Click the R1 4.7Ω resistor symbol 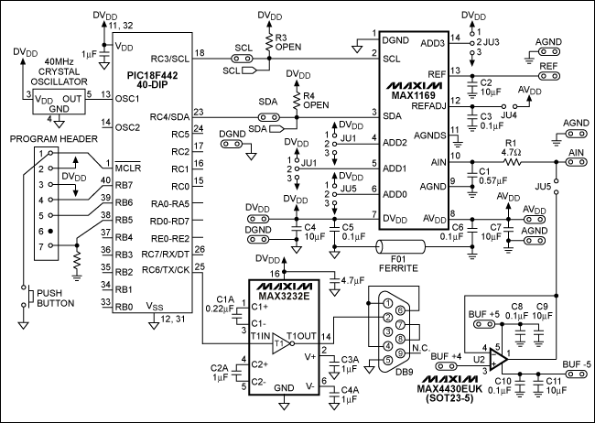[x=511, y=161]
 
